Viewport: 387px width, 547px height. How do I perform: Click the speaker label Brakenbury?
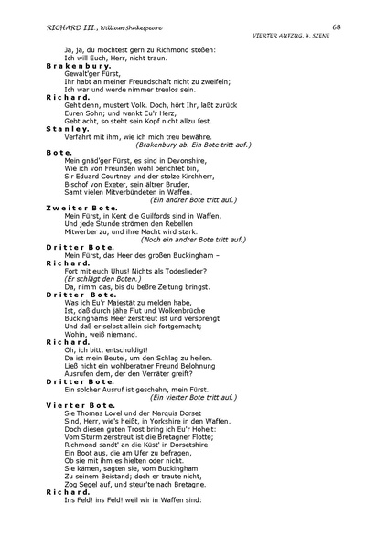pyautogui.click(x=79, y=67)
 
